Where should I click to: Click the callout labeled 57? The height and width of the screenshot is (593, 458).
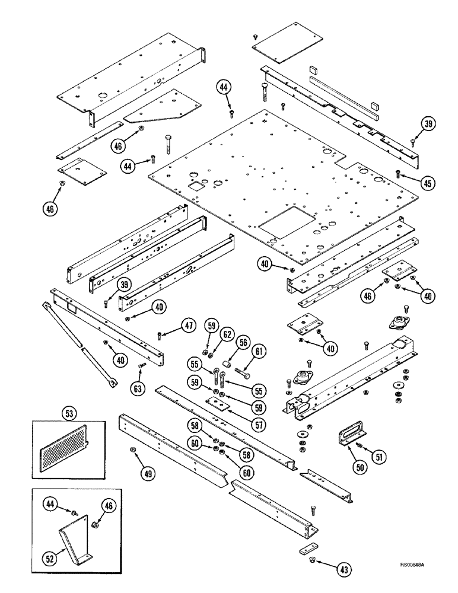(x=241, y=409)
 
